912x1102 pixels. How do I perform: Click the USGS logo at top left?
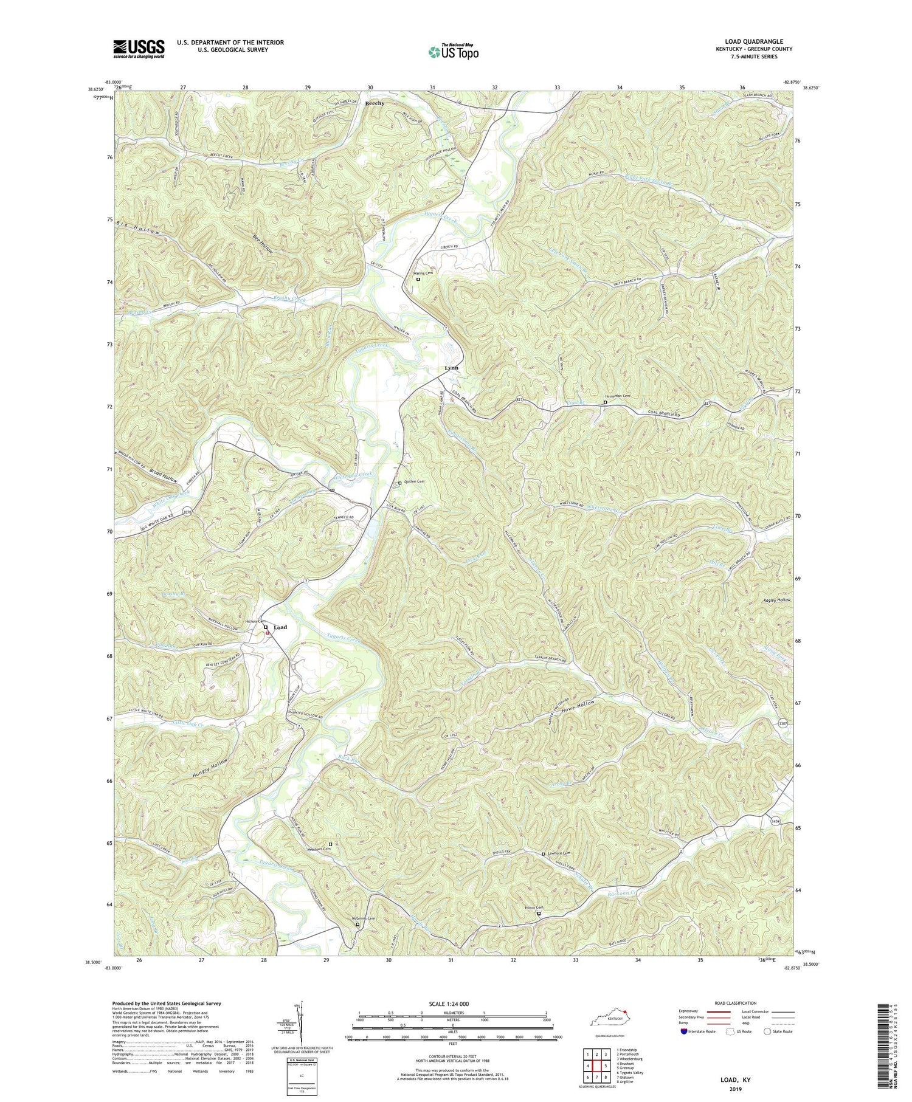coord(139,49)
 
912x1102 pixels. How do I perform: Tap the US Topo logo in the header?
coord(453,52)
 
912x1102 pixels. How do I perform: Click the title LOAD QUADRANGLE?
coord(753,41)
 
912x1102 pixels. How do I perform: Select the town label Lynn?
coord(451,368)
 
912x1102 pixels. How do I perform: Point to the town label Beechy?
coord(375,103)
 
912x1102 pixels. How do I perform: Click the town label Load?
coord(280,627)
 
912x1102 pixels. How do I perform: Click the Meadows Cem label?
coord(317,850)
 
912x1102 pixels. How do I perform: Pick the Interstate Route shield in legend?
coord(684,1031)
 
